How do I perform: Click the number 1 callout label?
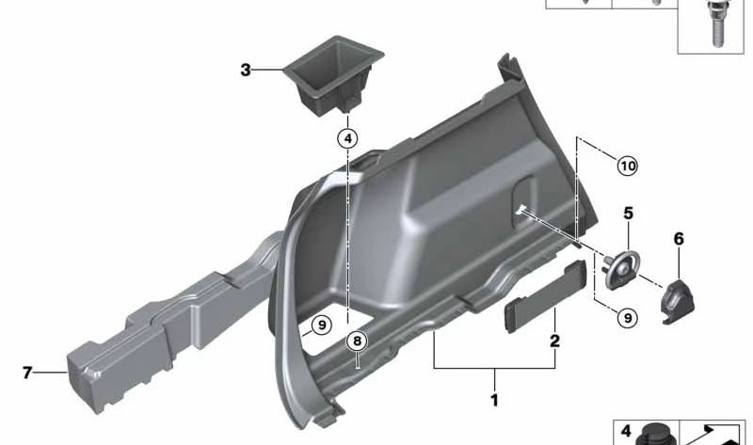(x=493, y=401)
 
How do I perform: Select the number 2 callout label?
(x=554, y=341)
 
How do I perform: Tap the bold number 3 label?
(x=246, y=70)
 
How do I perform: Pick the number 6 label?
(x=678, y=239)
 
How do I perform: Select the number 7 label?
(x=27, y=373)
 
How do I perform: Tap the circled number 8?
(x=356, y=341)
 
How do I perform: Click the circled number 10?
(x=626, y=167)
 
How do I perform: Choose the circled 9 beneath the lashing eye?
(x=626, y=319)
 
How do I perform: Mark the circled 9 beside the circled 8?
(x=320, y=326)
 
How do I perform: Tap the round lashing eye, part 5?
(x=622, y=268)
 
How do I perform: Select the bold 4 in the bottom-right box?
(x=623, y=432)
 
